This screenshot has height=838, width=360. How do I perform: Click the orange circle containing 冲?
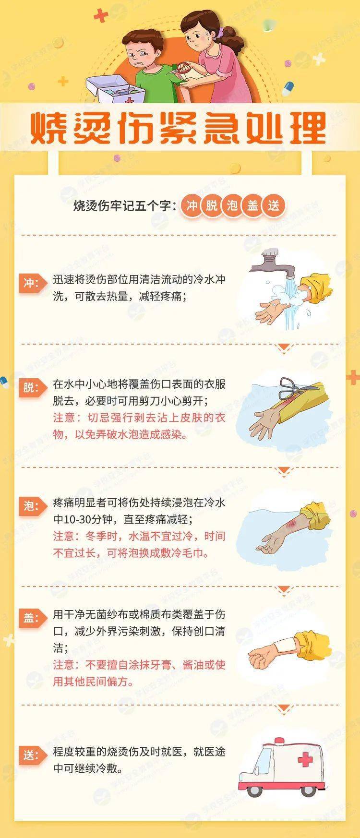(x=192, y=206)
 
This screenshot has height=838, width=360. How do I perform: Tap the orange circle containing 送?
(x=274, y=206)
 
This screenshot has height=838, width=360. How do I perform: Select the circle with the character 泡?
(x=232, y=206)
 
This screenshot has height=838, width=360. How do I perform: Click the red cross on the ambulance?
(x=305, y=760)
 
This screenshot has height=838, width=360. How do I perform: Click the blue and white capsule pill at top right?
(x=288, y=88)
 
